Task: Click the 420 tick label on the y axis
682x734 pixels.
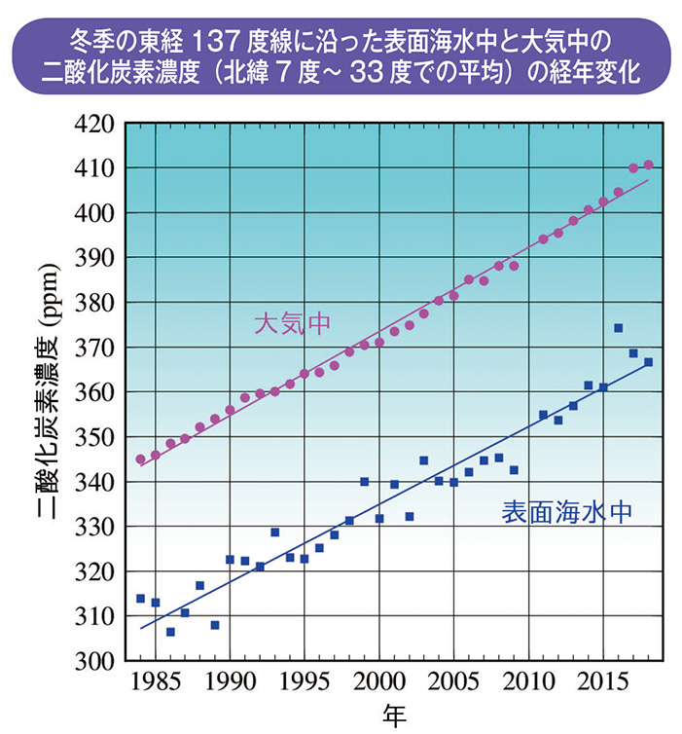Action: [94, 124]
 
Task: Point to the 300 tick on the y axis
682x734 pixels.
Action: [94, 661]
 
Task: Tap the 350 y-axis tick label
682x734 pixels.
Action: [94, 437]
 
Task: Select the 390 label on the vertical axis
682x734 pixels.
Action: [94, 258]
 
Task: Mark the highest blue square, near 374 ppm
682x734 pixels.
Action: [619, 328]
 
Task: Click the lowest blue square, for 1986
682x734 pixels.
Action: [170, 632]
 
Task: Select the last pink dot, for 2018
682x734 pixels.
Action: [648, 165]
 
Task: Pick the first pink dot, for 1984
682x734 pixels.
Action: [140, 459]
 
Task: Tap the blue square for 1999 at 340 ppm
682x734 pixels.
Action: [364, 482]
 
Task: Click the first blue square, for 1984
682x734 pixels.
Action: [140, 599]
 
